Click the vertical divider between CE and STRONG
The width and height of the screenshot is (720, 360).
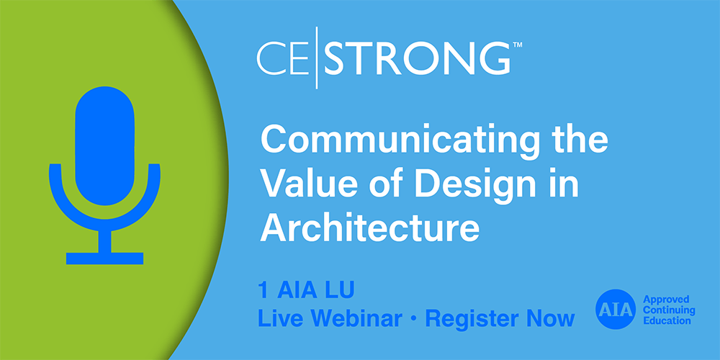click(x=318, y=60)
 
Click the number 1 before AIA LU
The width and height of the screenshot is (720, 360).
click(x=263, y=292)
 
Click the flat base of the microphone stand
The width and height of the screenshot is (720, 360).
click(x=104, y=258)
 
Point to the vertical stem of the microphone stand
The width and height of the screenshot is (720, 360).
click(x=104, y=239)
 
